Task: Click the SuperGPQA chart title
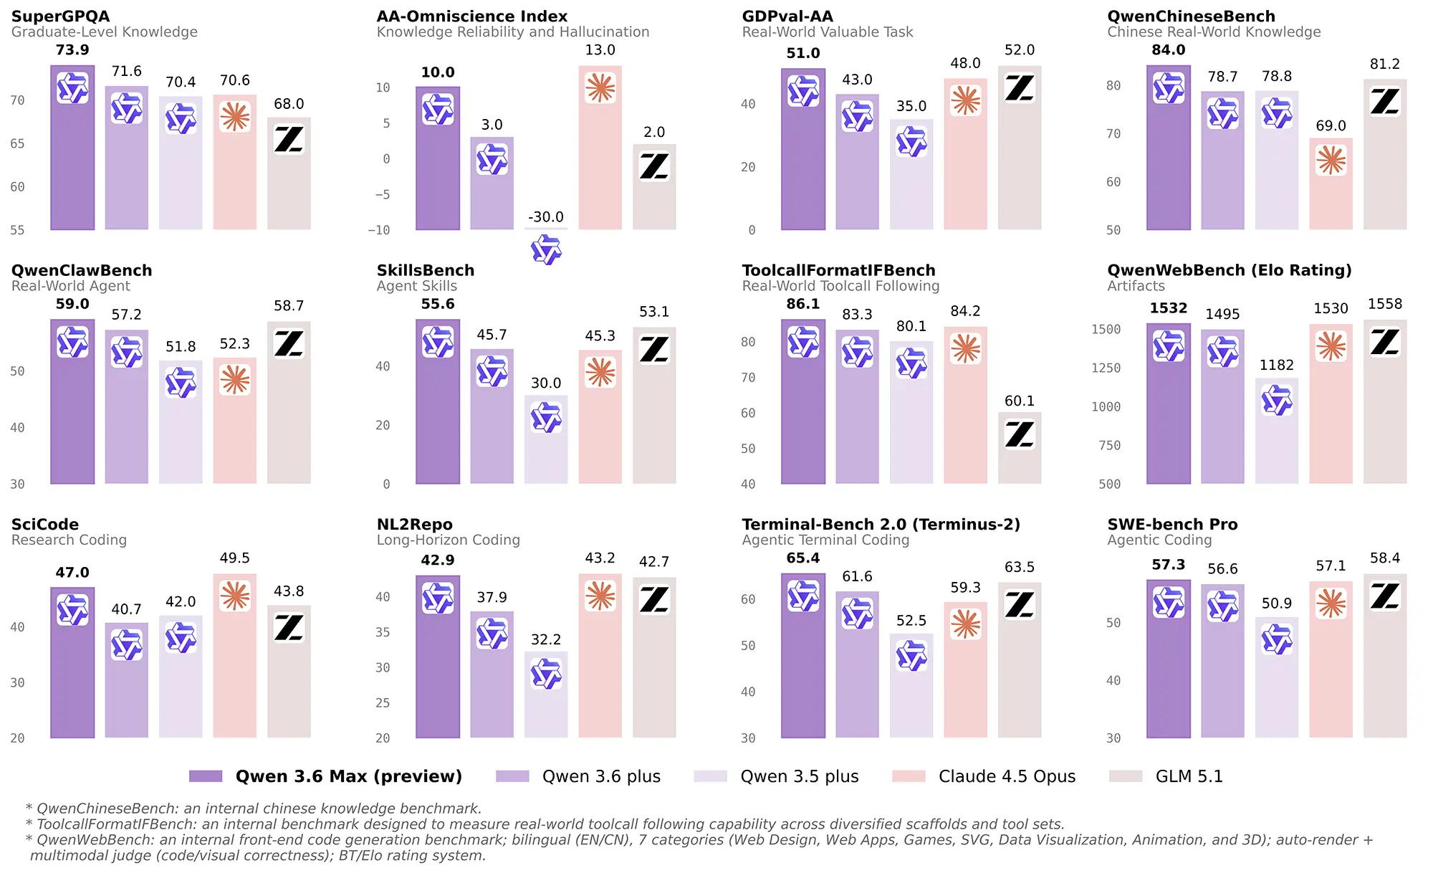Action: [60, 16]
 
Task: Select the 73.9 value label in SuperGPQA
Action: [72, 50]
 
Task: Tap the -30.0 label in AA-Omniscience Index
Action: [546, 217]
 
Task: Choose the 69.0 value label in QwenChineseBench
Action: [1331, 126]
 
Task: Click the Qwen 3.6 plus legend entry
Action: [601, 776]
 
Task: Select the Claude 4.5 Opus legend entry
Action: [1007, 776]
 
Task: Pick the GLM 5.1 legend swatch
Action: [1125, 776]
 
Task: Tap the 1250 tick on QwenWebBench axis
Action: [1106, 368]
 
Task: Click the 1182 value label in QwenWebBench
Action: [1277, 366]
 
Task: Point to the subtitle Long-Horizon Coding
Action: [448, 540]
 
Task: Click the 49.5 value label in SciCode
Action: [234, 558]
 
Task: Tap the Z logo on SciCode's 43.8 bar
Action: [289, 629]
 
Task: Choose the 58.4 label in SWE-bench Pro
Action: [1384, 558]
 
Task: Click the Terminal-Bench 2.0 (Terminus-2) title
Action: [881, 525]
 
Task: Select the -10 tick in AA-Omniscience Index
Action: [379, 230]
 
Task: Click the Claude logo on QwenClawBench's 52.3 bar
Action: [234, 380]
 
